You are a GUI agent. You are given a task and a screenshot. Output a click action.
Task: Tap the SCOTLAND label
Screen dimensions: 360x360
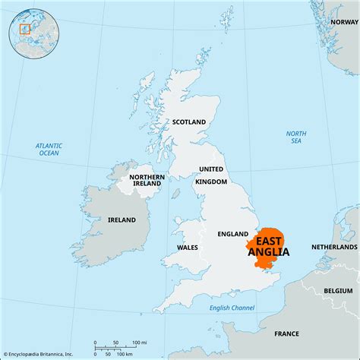click(x=190, y=122)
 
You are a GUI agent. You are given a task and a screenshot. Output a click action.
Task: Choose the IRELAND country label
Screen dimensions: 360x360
click(x=122, y=219)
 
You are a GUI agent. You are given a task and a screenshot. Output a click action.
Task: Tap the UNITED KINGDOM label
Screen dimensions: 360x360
click(x=212, y=175)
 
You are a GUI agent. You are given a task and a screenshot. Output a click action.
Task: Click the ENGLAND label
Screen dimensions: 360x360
click(x=233, y=234)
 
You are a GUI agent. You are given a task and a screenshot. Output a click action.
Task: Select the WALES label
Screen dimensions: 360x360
click(x=188, y=248)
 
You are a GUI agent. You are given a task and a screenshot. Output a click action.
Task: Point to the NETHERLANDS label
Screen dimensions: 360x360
click(x=333, y=248)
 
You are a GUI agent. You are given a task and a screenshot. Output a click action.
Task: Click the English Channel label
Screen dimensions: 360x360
click(x=233, y=307)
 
